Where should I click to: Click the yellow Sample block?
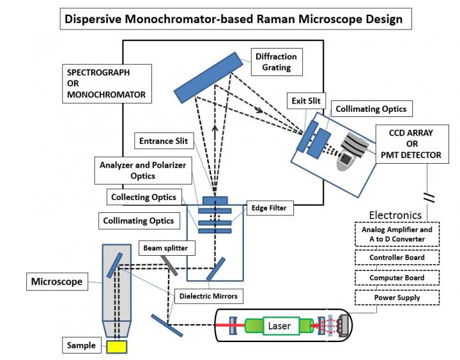[x=116, y=346]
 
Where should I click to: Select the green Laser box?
[x=279, y=326]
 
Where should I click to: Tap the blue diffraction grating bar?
[x=208, y=76]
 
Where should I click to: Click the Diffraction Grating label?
[x=276, y=62]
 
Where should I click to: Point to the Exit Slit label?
[x=308, y=100]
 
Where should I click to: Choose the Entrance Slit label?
[x=164, y=141]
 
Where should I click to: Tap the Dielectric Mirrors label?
[x=211, y=295]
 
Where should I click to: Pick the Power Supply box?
[x=397, y=297]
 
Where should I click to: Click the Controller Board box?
[x=397, y=258]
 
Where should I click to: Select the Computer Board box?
[x=397, y=278]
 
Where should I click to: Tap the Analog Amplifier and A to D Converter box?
[x=397, y=234]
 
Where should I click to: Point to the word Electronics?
[x=395, y=215]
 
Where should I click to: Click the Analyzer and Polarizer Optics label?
[x=142, y=170]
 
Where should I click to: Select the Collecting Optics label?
[x=143, y=197]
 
